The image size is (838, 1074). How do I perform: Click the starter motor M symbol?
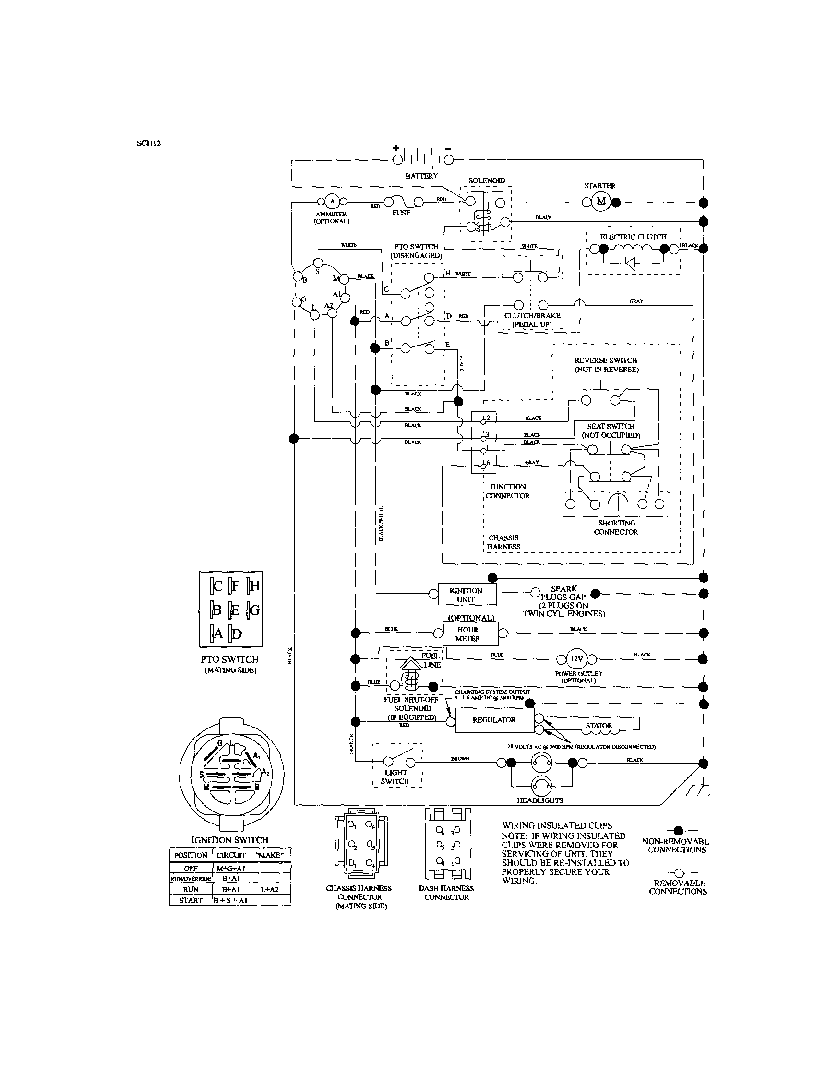pos(600,202)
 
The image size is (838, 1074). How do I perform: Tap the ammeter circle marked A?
pos(332,201)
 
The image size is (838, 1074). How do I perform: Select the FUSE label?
pos(401,213)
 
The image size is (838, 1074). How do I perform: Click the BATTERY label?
pos(421,176)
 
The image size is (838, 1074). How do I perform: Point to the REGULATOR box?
pos(493,720)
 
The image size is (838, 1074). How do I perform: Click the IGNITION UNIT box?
pos(466,595)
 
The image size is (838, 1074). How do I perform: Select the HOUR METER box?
pos(467,634)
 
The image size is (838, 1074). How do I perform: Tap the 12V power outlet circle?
pos(576,659)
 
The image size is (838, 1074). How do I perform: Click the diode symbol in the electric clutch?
pos(630,263)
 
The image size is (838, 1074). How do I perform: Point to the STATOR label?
pos(599,725)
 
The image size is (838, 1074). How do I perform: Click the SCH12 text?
pos(149,143)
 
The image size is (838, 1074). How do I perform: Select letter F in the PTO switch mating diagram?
pos(235,585)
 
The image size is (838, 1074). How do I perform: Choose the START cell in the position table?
pos(191,900)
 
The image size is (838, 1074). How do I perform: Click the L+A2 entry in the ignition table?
pos(269,890)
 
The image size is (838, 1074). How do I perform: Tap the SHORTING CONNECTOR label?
pos(616,527)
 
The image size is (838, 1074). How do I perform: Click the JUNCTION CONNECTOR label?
pos(507,491)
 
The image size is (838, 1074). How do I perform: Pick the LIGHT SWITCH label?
pos(395,776)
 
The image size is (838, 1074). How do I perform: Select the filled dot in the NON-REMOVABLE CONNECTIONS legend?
pos(679,831)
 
